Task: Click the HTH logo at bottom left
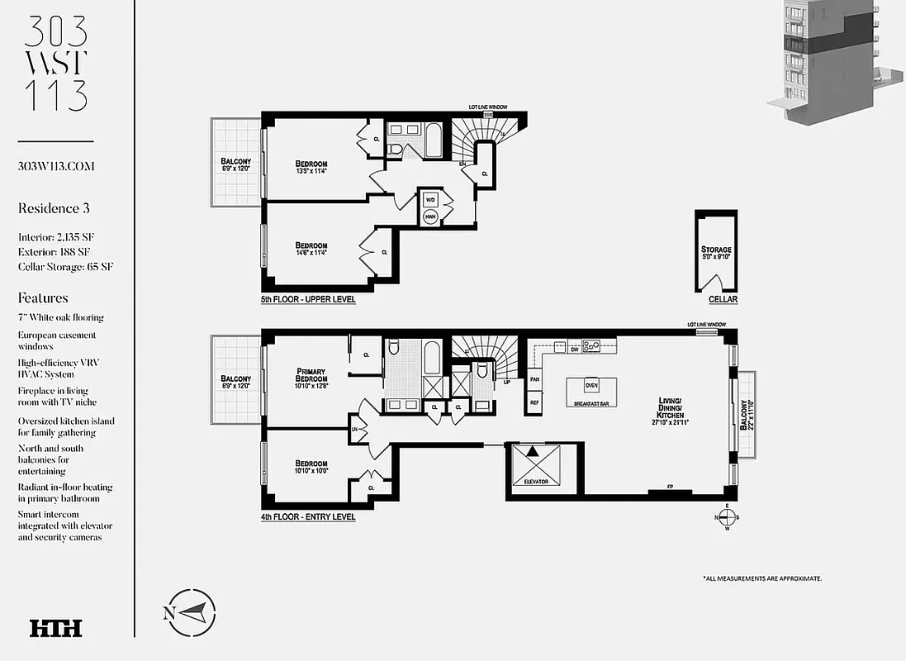pos(55,628)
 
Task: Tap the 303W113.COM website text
pos(56,166)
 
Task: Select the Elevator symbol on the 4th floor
pos(535,464)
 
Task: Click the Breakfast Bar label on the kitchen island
pos(591,404)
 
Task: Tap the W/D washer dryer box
pos(430,200)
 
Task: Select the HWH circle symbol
pos(430,217)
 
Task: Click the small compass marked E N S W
pos(726,517)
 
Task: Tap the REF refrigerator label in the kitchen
pos(534,402)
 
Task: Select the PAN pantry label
pos(534,379)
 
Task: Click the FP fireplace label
pos(670,487)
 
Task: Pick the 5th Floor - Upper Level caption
pos(308,300)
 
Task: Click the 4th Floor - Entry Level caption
pos(308,517)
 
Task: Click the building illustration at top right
pos(830,62)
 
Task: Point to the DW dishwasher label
pos(573,350)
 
